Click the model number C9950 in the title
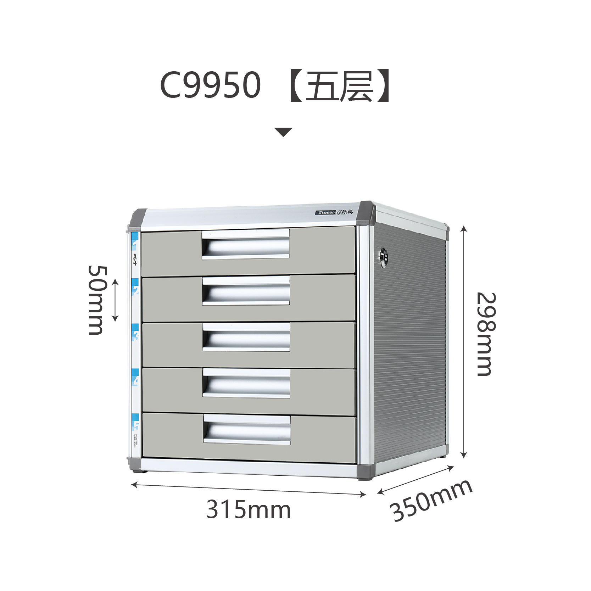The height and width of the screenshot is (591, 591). point(210,85)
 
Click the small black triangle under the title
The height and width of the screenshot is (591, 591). point(283,132)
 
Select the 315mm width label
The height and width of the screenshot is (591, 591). point(248,509)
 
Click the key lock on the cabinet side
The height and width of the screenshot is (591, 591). point(383,255)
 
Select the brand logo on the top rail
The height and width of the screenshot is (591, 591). point(334,212)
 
